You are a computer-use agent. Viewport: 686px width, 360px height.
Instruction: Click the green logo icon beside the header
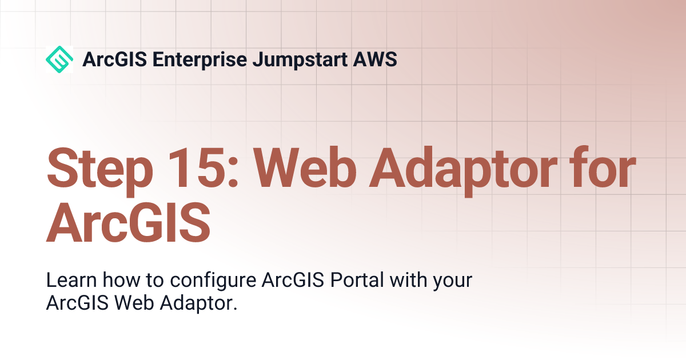coord(59,59)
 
